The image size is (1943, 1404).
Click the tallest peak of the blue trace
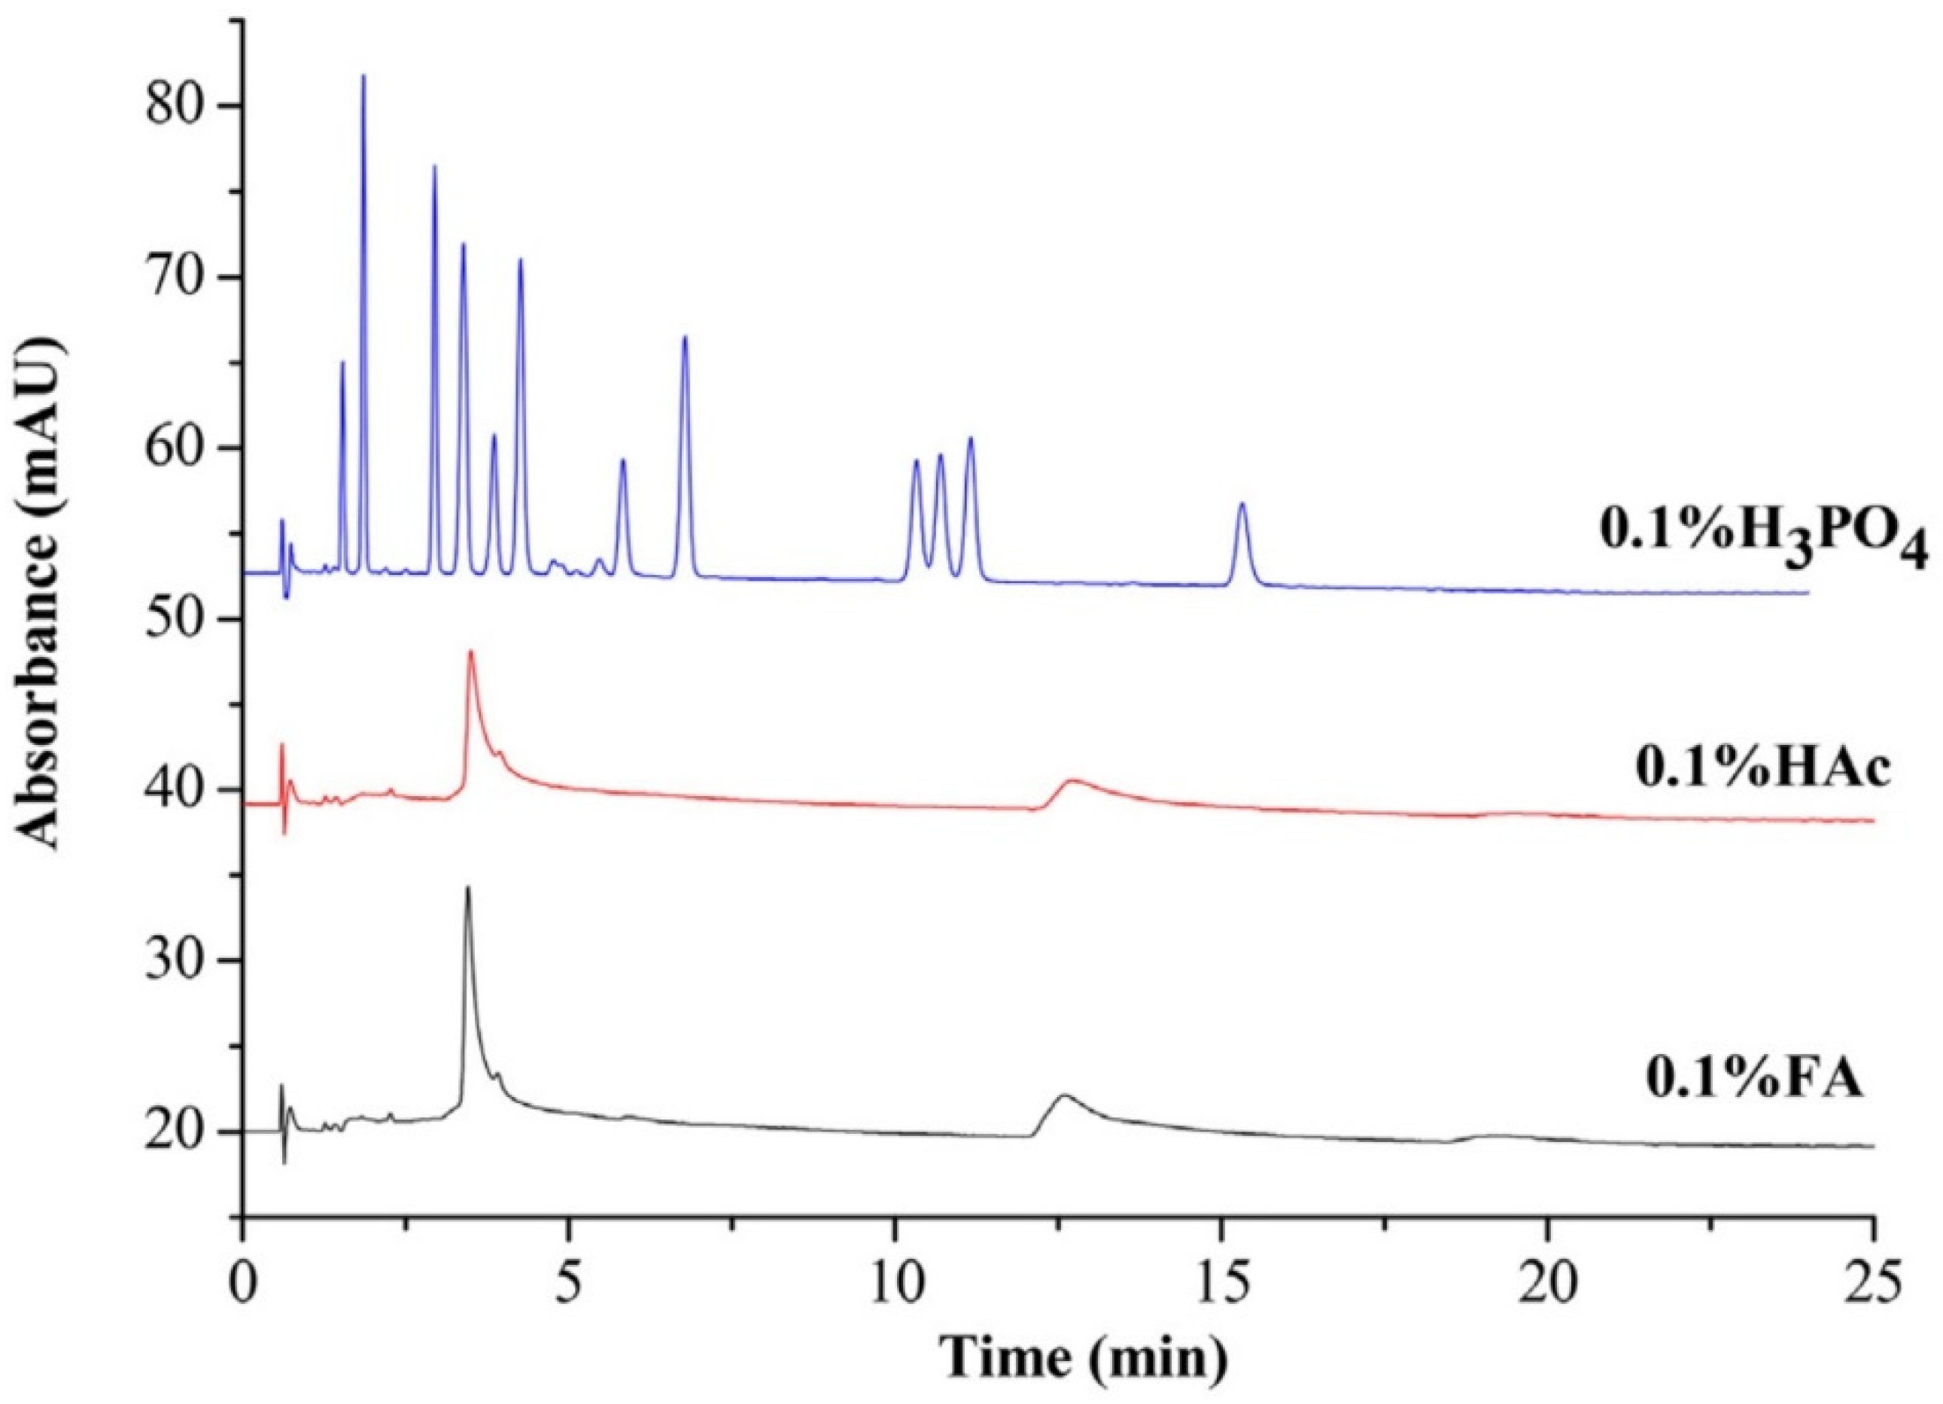pyautogui.click(x=363, y=77)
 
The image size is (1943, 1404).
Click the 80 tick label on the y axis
pyautogui.click(x=181, y=107)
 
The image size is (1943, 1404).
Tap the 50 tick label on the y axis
pyautogui.click(x=181, y=619)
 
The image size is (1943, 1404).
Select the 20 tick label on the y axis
pyautogui.click(x=181, y=1132)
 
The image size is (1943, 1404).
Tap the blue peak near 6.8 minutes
pyautogui.click(x=685, y=339)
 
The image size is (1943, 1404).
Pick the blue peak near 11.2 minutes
pyautogui.click(x=971, y=440)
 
